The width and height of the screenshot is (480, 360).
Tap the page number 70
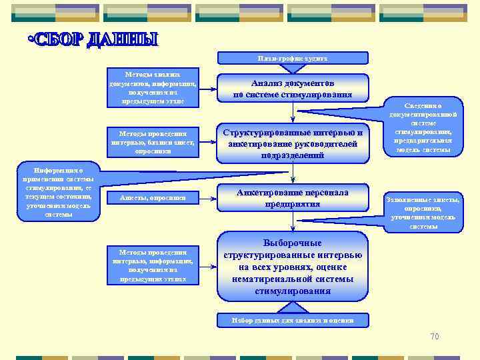[435, 336]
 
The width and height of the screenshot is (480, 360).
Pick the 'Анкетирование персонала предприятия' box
[293, 198]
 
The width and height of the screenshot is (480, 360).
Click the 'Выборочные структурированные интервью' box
[293, 267]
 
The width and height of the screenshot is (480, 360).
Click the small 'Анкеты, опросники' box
[153, 197]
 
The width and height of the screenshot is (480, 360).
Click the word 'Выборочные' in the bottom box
[293, 243]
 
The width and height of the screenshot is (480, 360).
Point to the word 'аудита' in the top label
[316, 59]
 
